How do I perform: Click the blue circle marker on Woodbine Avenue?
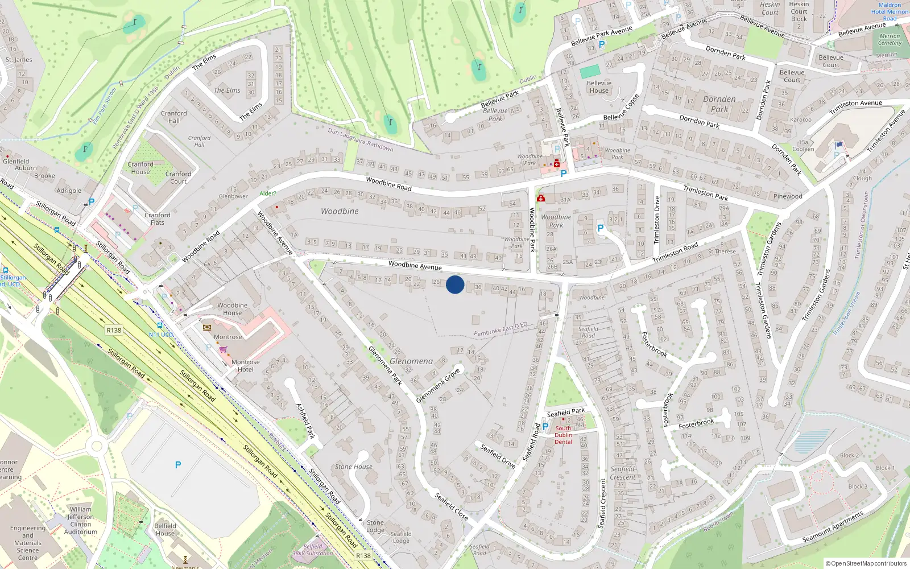pyautogui.click(x=455, y=284)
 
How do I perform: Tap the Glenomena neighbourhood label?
pyautogui.click(x=411, y=361)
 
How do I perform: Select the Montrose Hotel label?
pyautogui.click(x=246, y=366)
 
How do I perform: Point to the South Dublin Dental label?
pyautogui.click(x=563, y=435)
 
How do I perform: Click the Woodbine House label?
pyautogui.click(x=232, y=309)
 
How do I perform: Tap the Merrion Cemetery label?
pyautogui.click(x=890, y=39)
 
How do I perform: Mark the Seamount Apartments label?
pyautogui.click(x=833, y=527)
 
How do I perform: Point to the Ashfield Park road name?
pyautogui.click(x=305, y=420)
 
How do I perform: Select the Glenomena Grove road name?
pyautogui.click(x=437, y=385)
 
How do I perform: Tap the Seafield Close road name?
pyautogui.click(x=451, y=506)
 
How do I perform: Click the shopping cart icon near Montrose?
pyautogui.click(x=224, y=349)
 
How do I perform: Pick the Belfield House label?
pyautogui.click(x=165, y=530)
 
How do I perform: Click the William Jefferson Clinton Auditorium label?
pyautogui.click(x=81, y=521)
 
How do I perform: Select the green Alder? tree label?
pyautogui.click(x=268, y=193)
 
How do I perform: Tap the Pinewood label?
pyautogui.click(x=788, y=196)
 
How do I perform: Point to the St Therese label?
pyautogui.click(x=722, y=251)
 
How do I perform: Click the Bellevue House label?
pyautogui.click(x=599, y=86)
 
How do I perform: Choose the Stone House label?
pyautogui.click(x=354, y=467)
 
